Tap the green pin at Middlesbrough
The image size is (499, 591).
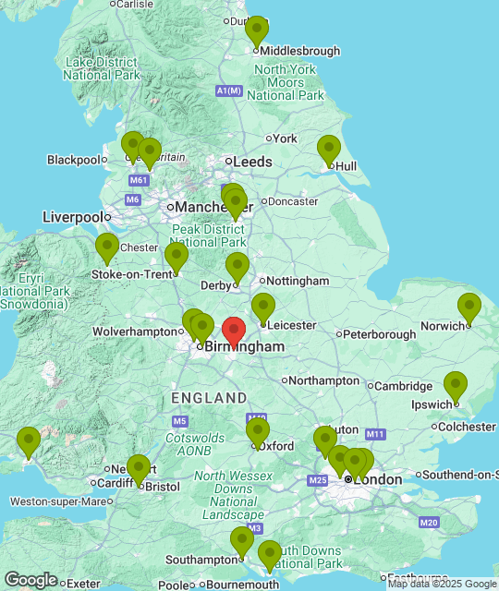point(257,31)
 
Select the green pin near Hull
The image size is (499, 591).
point(329,150)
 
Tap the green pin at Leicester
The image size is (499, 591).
point(263,308)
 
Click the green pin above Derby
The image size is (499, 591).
point(237,268)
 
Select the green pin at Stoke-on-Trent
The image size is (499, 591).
point(176,258)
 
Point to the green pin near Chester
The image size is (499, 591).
point(107,248)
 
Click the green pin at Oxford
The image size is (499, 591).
point(258,432)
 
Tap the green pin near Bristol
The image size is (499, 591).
point(138,470)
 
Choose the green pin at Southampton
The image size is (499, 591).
point(242,541)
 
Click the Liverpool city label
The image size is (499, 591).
point(72,217)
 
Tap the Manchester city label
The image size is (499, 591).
point(208,207)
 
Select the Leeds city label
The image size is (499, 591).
point(252,162)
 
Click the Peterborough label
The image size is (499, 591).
point(380,334)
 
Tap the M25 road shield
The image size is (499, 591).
point(319,480)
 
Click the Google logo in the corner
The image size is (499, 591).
point(30,580)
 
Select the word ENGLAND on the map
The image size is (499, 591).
point(209,398)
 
